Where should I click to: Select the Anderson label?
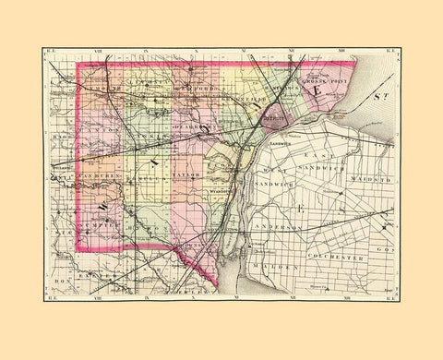click(x=301, y=226)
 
